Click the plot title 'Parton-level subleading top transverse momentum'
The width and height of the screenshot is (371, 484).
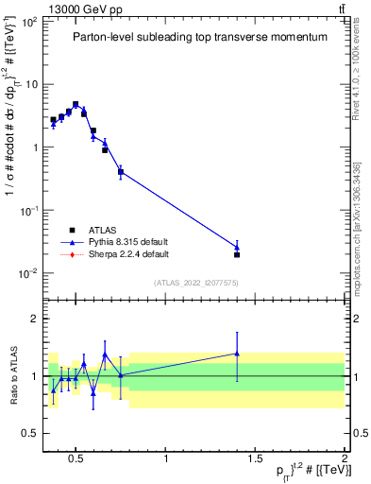coord(200,37)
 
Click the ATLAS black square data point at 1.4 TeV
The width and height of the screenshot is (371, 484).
coord(237,254)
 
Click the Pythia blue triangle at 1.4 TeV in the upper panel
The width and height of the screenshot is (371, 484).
coord(237,247)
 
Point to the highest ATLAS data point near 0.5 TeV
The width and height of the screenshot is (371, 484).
coord(76,105)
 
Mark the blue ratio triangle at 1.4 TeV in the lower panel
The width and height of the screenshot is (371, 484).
coord(237,354)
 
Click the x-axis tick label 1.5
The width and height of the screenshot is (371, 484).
coord(255,459)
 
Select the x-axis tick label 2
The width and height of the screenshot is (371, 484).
coord(345,459)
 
